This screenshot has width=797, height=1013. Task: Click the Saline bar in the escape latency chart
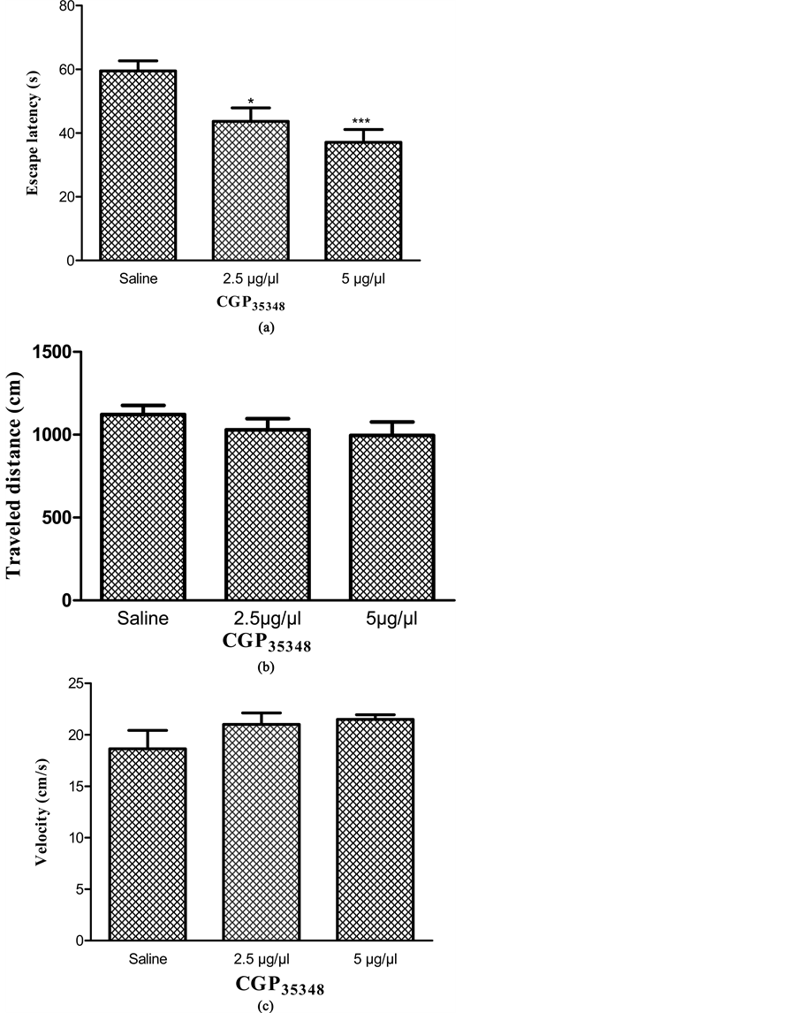click(138, 165)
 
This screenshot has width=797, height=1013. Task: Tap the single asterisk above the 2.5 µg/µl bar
click(251, 102)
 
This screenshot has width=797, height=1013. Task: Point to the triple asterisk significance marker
click(362, 122)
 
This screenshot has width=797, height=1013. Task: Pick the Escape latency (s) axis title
click(33, 134)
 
